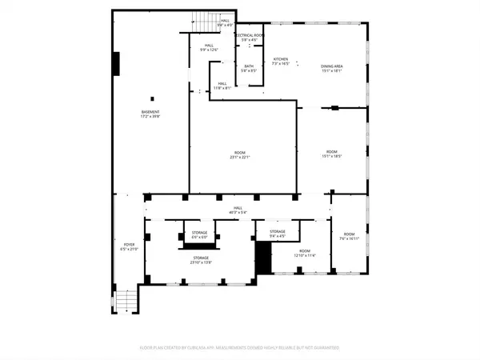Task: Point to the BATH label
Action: (x=249, y=69)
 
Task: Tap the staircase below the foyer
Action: (x=124, y=302)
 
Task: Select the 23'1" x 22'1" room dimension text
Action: (x=240, y=157)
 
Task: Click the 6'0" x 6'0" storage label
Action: (x=199, y=238)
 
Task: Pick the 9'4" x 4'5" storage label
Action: (x=278, y=236)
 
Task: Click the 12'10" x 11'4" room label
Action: (x=305, y=255)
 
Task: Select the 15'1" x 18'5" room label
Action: (x=331, y=156)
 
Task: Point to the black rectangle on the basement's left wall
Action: (x=117, y=62)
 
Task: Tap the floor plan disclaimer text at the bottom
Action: (x=239, y=348)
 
